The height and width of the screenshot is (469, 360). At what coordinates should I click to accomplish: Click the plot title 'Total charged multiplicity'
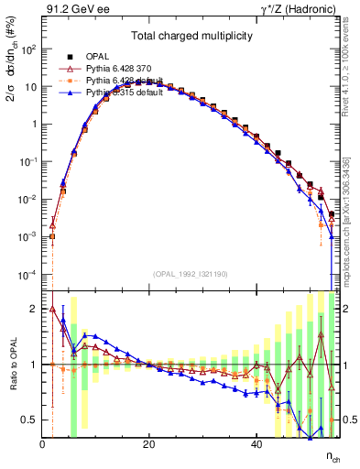pos(190,38)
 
